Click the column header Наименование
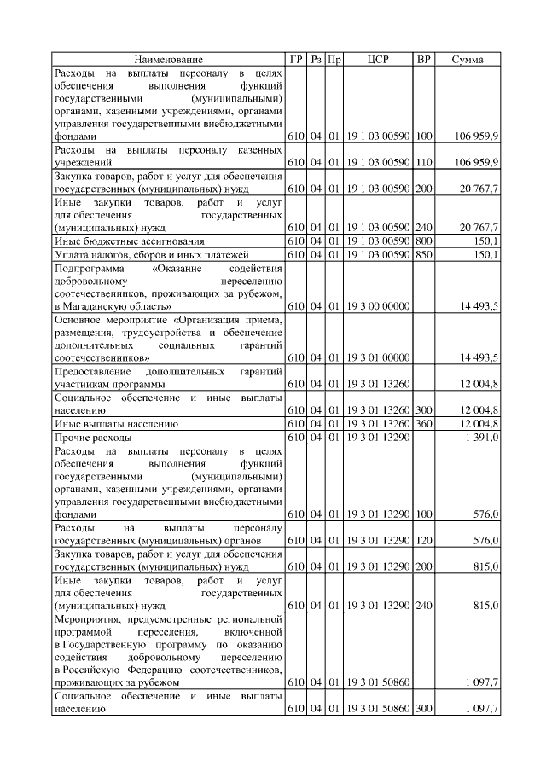click(168, 60)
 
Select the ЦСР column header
click(378, 60)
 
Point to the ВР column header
click(423, 60)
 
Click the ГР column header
click(295, 60)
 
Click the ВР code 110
click(424, 162)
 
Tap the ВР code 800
click(424, 241)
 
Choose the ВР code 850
click(424, 254)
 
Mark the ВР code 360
click(424, 423)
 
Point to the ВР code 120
click(424, 541)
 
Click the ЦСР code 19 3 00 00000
click(378, 305)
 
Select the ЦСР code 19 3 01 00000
click(378, 357)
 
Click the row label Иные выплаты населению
click(115, 423)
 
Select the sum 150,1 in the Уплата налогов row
click(485, 254)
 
